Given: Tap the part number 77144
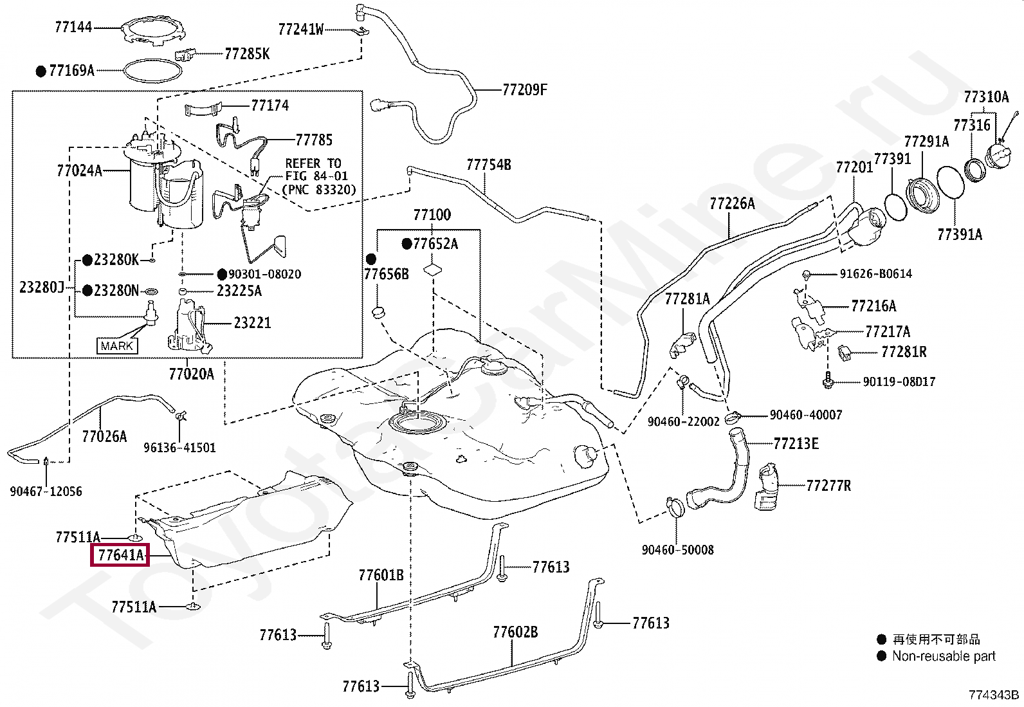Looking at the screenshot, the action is pos(73,27).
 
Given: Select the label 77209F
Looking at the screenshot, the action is pos(525,89).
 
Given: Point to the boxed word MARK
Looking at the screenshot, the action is pos(117,345).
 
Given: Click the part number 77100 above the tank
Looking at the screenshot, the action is pos(432,214).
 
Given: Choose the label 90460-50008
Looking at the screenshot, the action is pos(677,549).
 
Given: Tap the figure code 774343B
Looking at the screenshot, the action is pos(994,695).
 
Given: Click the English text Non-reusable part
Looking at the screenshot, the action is pos(944,656).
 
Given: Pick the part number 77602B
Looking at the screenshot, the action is pos(515,632).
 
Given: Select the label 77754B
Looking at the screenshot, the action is pos(489,165).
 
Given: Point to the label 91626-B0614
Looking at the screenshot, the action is pos(876,273).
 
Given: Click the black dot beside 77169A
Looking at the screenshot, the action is pos(41,71).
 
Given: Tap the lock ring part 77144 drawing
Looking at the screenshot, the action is pos(154,29).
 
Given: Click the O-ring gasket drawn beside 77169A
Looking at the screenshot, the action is pos(152,71).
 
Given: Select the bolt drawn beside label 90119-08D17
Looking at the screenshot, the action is pos(827,380).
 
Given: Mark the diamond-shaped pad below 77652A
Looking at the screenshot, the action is pos(432,270).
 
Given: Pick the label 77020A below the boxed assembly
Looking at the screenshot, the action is pos(192,374).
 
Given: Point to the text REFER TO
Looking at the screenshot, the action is pos(313,163).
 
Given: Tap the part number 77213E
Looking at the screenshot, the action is pos(796,444).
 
